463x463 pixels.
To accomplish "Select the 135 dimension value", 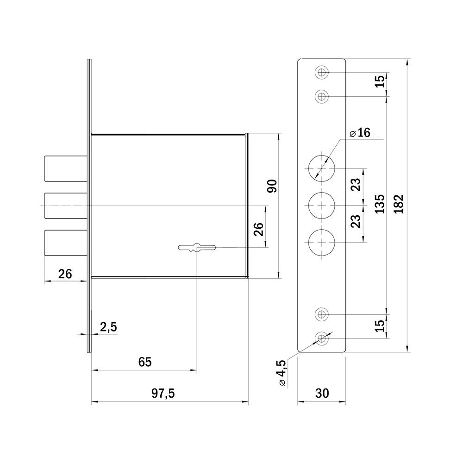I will (x=380, y=204).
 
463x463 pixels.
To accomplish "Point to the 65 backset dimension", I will (x=145, y=362).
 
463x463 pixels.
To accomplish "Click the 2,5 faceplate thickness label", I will (x=108, y=327).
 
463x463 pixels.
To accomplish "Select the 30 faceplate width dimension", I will (x=322, y=393).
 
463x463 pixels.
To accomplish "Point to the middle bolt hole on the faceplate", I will (x=322, y=205).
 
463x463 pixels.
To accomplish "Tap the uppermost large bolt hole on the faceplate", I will (x=322, y=168).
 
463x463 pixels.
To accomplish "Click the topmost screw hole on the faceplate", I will (x=322, y=72).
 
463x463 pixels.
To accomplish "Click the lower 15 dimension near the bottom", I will (x=380, y=325).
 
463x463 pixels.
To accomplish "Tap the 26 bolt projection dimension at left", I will (x=65, y=274).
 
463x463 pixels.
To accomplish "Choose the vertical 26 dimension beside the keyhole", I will (x=259, y=229).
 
